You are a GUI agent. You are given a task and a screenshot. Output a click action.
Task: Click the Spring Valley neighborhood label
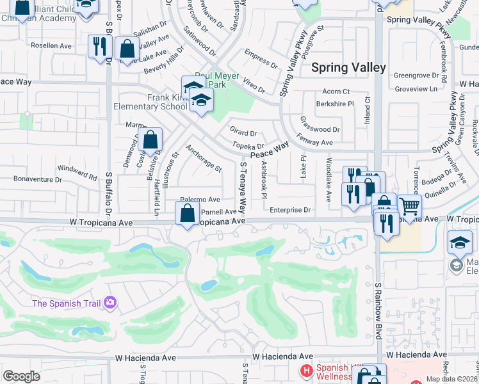(348, 67)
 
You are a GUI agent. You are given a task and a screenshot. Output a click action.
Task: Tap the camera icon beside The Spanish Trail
(111, 301)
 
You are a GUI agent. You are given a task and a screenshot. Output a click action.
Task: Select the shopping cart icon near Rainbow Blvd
(410, 206)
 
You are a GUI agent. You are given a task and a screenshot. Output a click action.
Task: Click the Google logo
(21, 376)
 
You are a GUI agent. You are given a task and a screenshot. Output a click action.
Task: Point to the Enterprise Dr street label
(289, 210)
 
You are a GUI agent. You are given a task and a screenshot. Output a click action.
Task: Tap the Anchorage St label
(203, 159)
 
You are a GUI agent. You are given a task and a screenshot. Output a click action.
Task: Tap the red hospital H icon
(307, 371)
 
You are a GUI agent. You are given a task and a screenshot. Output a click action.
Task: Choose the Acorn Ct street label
(336, 92)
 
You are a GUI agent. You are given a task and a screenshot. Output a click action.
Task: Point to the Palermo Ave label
(200, 200)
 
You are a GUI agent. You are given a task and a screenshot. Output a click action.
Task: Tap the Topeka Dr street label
(248, 147)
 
